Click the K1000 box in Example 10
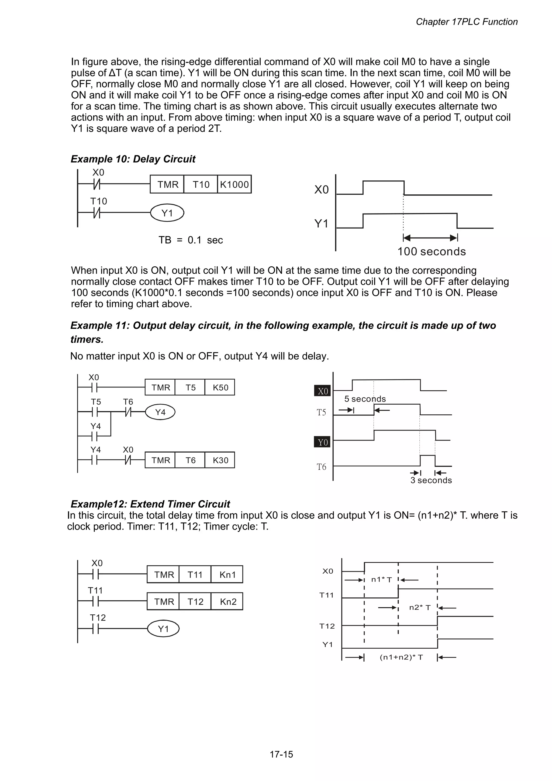234,184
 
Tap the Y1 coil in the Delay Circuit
167,213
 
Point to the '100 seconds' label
431,251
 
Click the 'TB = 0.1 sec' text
191,240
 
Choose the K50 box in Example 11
220,387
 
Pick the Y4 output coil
160,412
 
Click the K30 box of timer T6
220,460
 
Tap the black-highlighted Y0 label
322,442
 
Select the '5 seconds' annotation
365,399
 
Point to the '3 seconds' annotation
431,480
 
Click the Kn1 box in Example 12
227,574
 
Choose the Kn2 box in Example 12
227,602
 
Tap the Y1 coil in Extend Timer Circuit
163,629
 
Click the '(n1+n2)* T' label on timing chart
401,657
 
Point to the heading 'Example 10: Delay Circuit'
133,159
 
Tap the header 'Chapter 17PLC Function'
466,22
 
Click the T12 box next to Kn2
195,602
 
